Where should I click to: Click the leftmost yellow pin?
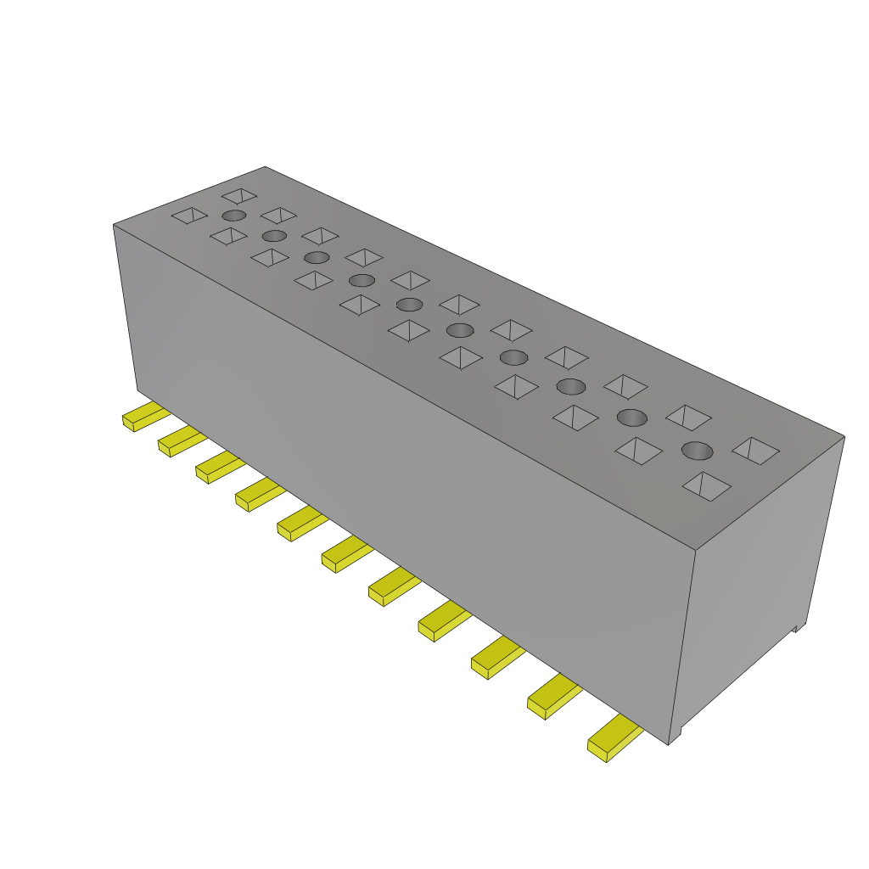pos(144,417)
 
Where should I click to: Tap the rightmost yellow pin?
pos(613,738)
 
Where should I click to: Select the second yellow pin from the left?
pos(180,440)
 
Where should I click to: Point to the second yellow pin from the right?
pos(552,698)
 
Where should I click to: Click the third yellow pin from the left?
pos(217,466)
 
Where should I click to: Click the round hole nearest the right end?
pos(696,450)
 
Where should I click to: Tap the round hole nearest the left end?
pos(234,216)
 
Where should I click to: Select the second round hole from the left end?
pos(274,235)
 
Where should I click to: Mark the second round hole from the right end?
pos(631,417)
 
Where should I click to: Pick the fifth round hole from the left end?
pos(410,304)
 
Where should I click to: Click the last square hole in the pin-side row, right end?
pos(706,485)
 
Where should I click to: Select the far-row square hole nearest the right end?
pos(755,450)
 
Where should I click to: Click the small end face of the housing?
pos(760,577)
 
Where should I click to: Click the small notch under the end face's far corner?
pos(797,628)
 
